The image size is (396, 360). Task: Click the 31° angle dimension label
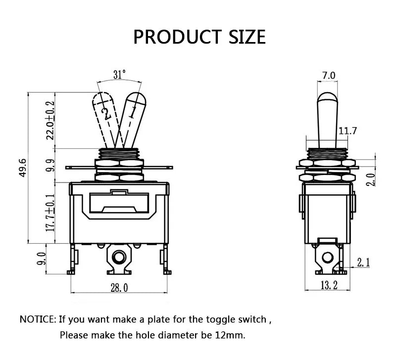click(x=119, y=75)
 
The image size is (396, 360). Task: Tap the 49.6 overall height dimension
click(x=23, y=168)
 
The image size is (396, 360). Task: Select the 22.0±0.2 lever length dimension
click(x=50, y=120)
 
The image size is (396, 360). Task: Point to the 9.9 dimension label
click(x=50, y=165)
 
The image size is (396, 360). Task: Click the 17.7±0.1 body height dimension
click(x=50, y=213)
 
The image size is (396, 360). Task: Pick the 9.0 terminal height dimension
click(x=42, y=259)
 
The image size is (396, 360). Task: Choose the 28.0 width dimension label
click(x=119, y=288)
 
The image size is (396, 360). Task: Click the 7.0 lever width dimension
click(x=329, y=75)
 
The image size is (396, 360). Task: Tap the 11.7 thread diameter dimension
click(x=347, y=131)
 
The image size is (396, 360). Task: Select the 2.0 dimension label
click(x=370, y=180)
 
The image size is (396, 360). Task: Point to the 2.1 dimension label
click(x=363, y=263)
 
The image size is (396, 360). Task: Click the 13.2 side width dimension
click(x=329, y=285)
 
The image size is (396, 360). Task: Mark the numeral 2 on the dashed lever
click(x=106, y=114)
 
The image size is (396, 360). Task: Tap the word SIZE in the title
click(x=247, y=37)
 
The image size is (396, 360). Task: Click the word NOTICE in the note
click(x=37, y=319)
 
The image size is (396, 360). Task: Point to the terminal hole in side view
click(x=328, y=258)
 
